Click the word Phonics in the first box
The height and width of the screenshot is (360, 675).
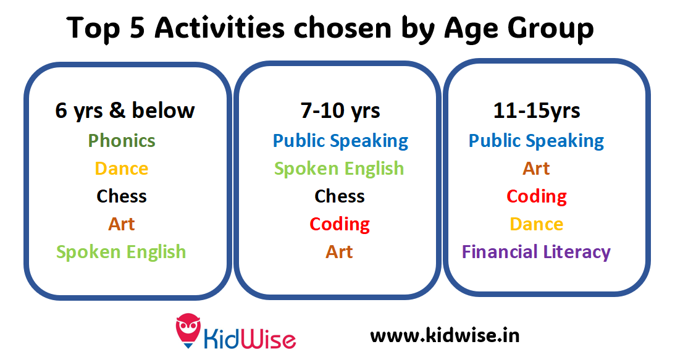122,141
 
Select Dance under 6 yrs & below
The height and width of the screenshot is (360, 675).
122,169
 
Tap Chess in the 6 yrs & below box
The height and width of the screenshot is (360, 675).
122,196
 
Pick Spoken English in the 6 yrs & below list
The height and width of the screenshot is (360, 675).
121,253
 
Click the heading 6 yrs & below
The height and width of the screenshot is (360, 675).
125,111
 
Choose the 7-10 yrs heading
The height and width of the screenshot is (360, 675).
340,111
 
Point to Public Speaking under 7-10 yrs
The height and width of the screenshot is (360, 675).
340,141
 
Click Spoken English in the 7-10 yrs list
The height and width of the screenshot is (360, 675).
339,169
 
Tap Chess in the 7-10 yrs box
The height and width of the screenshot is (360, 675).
340,196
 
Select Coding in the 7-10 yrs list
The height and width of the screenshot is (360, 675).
340,225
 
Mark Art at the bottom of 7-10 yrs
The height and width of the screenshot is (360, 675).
339,252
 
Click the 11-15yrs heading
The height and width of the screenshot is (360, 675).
537,111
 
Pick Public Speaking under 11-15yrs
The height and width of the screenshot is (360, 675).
537,141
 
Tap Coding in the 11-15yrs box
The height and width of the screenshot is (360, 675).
537,197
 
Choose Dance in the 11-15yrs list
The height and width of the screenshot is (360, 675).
537,224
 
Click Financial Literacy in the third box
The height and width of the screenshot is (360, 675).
537,253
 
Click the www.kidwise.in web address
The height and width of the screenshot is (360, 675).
445,335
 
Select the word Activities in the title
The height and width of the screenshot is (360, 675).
220,28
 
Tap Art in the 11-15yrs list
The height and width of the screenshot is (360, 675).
537,169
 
